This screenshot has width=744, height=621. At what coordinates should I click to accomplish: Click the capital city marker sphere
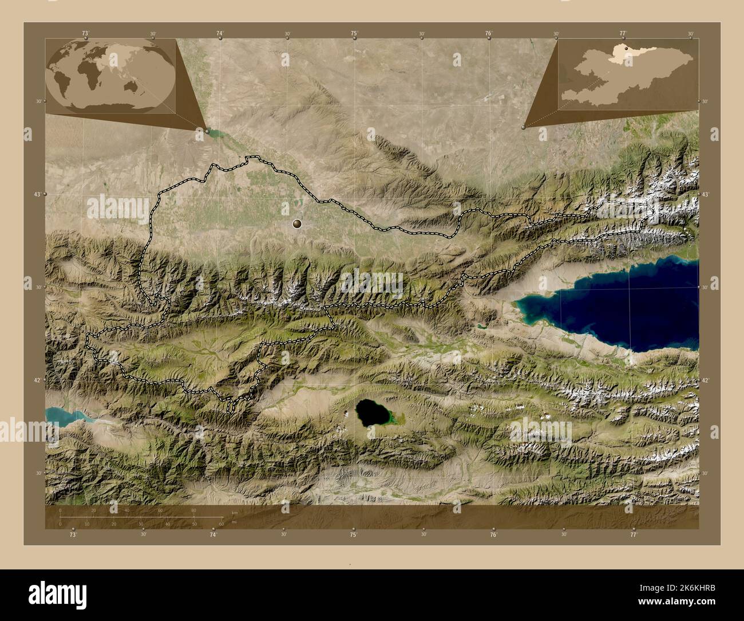pos(297,223)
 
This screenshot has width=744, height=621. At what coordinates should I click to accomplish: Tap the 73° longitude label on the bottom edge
pos(73,534)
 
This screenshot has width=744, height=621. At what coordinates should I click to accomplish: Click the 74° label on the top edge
pos(220,34)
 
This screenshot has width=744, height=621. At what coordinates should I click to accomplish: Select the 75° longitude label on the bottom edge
pos(354,534)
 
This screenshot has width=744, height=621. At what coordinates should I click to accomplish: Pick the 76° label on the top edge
pos(489,34)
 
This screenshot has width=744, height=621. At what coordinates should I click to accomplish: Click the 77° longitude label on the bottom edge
pos(633,534)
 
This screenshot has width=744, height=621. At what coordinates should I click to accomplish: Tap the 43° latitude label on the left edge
pos(37,195)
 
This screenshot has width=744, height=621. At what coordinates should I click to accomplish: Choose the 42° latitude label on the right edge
pos(706,380)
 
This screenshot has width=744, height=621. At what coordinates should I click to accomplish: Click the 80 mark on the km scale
pos(193,510)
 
